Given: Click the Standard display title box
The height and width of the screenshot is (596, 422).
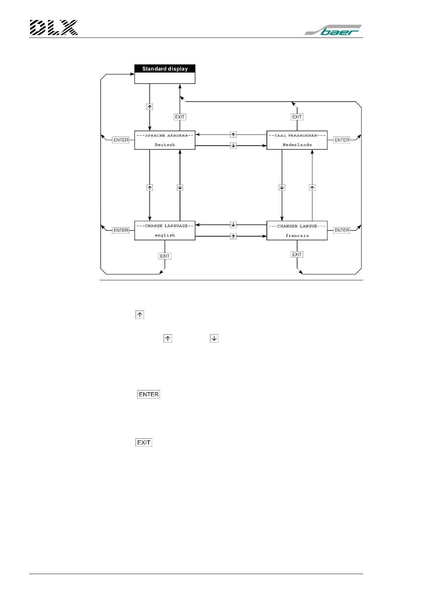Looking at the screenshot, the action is click(x=165, y=69).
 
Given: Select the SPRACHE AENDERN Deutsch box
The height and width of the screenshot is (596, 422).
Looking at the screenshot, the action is click(x=165, y=140).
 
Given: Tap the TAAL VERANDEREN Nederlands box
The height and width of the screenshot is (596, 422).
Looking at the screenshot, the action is click(x=297, y=140).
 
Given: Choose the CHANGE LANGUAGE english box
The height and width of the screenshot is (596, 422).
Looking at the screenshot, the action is click(x=165, y=230).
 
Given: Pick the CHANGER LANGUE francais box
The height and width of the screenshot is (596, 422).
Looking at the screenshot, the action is click(x=297, y=230).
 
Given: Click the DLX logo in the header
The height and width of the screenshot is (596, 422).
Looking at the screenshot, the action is click(x=54, y=28).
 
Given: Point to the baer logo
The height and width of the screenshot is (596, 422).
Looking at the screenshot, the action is click(x=333, y=30).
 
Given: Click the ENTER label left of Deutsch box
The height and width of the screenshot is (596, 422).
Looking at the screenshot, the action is click(x=121, y=140).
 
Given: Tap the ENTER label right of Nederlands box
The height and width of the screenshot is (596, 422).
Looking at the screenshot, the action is click(x=342, y=140).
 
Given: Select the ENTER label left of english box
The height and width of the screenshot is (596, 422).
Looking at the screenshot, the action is click(x=121, y=230).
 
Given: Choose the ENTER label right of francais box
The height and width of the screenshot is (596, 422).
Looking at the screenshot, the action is click(x=342, y=230).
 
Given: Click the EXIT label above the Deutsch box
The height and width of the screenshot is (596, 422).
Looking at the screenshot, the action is click(x=180, y=117).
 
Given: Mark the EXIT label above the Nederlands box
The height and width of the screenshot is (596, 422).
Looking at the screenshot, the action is click(x=297, y=117).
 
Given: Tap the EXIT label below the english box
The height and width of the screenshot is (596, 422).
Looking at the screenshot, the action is click(x=165, y=256).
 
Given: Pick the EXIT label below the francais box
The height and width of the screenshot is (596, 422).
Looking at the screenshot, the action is click(x=297, y=254).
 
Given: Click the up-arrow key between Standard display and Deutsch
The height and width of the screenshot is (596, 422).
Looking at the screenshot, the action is click(x=150, y=107).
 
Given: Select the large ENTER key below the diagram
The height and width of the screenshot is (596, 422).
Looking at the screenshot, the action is click(x=149, y=394).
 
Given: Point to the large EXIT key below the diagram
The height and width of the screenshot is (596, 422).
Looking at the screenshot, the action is click(x=144, y=442).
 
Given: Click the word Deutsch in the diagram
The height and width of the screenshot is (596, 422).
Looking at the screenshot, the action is click(x=165, y=145).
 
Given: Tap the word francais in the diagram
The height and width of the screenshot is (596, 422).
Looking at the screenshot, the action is click(x=297, y=236).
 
